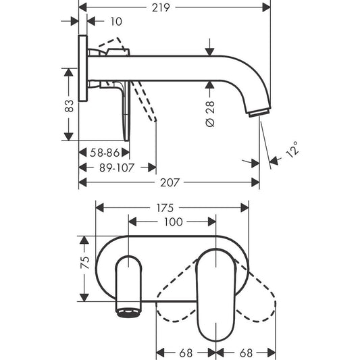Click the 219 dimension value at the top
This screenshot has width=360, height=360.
pyautogui.click(x=161, y=7)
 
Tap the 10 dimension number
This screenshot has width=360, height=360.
pyautogui.click(x=116, y=22)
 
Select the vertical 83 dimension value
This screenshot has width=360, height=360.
pyautogui.click(x=69, y=106)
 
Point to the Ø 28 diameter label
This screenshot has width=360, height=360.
pyautogui.click(x=210, y=113)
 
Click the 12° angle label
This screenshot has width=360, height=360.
pyautogui.click(x=292, y=150)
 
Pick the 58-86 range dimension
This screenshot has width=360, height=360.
pyautogui.click(x=105, y=153)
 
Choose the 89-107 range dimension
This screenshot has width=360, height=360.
pyautogui.click(x=117, y=168)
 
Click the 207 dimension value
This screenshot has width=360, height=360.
pyautogui.click(x=170, y=183)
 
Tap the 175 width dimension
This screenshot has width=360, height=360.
pyautogui.click(x=165, y=208)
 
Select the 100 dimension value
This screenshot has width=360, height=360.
pyautogui.click(x=173, y=222)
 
